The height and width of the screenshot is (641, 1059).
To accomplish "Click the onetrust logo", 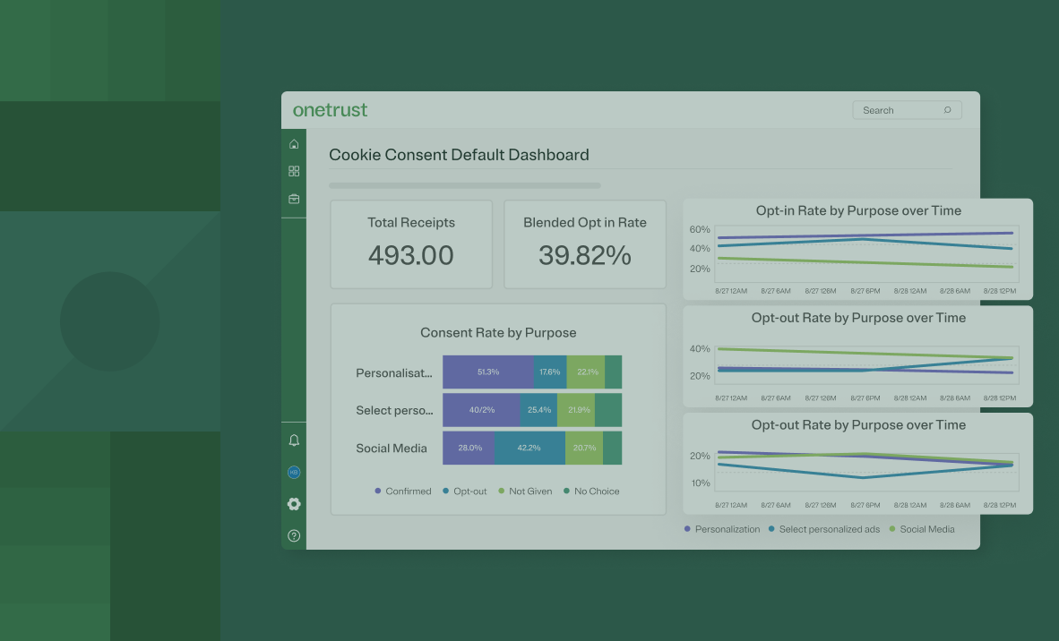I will [330, 110].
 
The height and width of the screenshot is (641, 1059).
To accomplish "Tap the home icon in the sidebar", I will [294, 144].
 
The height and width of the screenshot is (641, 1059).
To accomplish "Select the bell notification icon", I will [294, 440].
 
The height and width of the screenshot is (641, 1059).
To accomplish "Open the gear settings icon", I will [294, 504].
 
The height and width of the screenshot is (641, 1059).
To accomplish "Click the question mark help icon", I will [294, 536].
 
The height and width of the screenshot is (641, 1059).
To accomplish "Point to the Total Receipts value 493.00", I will [411, 255].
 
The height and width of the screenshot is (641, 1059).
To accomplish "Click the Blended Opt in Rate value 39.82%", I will [585, 255].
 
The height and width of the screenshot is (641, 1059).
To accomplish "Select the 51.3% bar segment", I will [488, 372].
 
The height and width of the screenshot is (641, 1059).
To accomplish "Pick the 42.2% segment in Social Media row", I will [529, 448].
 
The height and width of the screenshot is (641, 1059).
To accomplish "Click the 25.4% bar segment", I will [538, 410].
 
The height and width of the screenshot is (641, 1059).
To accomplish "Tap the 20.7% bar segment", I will [584, 448].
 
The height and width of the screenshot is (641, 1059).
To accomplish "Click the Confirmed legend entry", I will [403, 491].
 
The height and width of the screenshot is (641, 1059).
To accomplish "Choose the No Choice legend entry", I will [591, 491].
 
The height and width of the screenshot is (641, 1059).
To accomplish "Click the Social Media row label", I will [392, 449].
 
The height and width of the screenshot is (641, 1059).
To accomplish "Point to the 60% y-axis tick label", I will [700, 230].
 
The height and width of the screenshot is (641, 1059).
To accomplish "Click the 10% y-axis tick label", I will [700, 483].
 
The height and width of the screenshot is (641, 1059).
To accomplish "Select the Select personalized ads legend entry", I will [824, 529].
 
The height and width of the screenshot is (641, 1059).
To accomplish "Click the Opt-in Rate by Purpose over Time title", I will [858, 211].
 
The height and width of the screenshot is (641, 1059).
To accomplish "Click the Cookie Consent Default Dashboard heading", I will [459, 155].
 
